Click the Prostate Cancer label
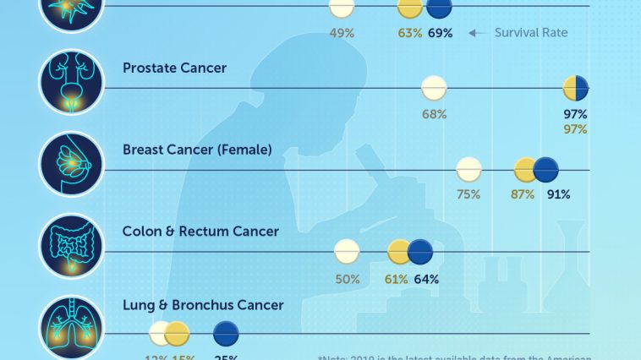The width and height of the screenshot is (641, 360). tap(174, 68)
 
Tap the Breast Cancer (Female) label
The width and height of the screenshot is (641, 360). tap(197, 150)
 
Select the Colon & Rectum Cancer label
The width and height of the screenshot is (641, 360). tap(200, 231)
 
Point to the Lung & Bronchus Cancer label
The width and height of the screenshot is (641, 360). tap(203, 305)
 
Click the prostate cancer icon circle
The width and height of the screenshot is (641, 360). tap(71, 82)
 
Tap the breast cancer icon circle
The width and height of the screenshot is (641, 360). tap(71, 164)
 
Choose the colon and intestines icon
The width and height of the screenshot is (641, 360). tap(71, 246)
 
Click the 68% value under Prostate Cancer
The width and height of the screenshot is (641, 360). tap(434, 114)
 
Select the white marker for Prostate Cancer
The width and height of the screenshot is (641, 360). tap(434, 88)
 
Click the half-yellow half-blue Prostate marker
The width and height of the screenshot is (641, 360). tap(575, 88)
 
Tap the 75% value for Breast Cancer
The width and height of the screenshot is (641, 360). tap(468, 194)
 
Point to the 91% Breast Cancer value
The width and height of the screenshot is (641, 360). tap(558, 194)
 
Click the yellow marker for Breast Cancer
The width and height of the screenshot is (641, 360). tap(526, 170)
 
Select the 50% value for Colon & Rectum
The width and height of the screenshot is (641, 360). tap(348, 278)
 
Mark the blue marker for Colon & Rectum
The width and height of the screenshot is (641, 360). tap(420, 252)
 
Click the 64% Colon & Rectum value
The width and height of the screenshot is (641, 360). tap(426, 278)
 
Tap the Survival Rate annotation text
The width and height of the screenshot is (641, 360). tap(530, 33)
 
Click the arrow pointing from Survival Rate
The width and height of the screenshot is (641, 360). tap(479, 33)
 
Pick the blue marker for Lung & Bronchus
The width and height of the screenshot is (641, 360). tap(226, 335)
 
